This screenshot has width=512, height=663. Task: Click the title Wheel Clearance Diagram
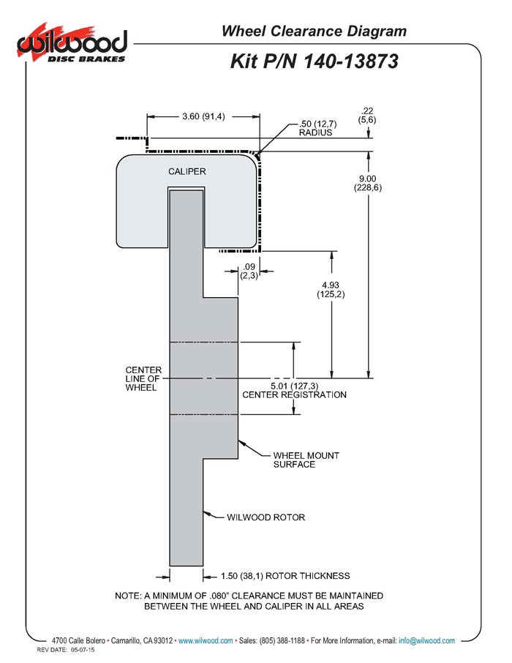pyautogui.click(x=314, y=31)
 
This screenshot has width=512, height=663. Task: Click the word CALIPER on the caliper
pyautogui.click(x=187, y=171)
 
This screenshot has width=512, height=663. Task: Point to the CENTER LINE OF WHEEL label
pyautogui.click(x=143, y=378)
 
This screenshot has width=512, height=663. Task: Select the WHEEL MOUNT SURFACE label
pyautogui.click(x=295, y=459)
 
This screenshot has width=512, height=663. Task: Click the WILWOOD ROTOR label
pyautogui.click(x=266, y=517)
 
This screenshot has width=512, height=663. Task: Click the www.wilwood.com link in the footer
pyautogui.click(x=206, y=640)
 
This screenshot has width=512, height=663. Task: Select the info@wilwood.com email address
pyautogui.click(x=426, y=640)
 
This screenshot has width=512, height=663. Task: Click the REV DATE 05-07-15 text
pyautogui.click(x=66, y=651)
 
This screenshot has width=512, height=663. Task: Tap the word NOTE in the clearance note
pyautogui.click(x=129, y=596)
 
